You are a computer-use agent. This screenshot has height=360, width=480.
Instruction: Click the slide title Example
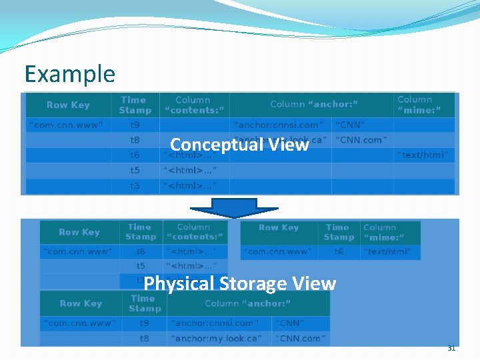[69, 73]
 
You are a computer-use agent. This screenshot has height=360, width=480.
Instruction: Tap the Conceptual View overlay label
[239, 145]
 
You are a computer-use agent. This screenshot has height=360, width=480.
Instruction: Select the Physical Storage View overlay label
[239, 283]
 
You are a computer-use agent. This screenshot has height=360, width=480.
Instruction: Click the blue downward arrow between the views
[238, 207]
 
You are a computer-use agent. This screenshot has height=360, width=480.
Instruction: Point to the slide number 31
[451, 348]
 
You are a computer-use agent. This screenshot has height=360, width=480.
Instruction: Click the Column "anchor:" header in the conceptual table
[314, 104]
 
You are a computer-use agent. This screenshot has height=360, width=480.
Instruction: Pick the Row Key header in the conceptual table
[68, 105]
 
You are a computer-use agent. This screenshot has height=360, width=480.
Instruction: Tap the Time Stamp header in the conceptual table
[135, 105]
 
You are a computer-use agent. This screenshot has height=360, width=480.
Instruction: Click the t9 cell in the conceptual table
[135, 125]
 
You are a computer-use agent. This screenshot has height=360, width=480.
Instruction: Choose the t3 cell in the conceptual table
[135, 185]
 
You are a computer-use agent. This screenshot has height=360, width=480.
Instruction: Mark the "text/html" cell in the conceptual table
[423, 155]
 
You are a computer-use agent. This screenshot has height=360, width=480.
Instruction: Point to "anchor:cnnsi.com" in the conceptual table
[279, 125]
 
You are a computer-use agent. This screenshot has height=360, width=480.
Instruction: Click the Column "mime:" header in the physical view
[390, 232]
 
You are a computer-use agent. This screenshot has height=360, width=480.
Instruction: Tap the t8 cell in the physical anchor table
[145, 338]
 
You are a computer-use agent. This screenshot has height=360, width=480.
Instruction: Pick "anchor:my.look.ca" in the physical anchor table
[217, 338]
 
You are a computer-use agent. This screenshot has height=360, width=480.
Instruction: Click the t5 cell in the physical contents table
[141, 266]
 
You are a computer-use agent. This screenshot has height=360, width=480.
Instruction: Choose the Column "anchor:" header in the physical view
[247, 303]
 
